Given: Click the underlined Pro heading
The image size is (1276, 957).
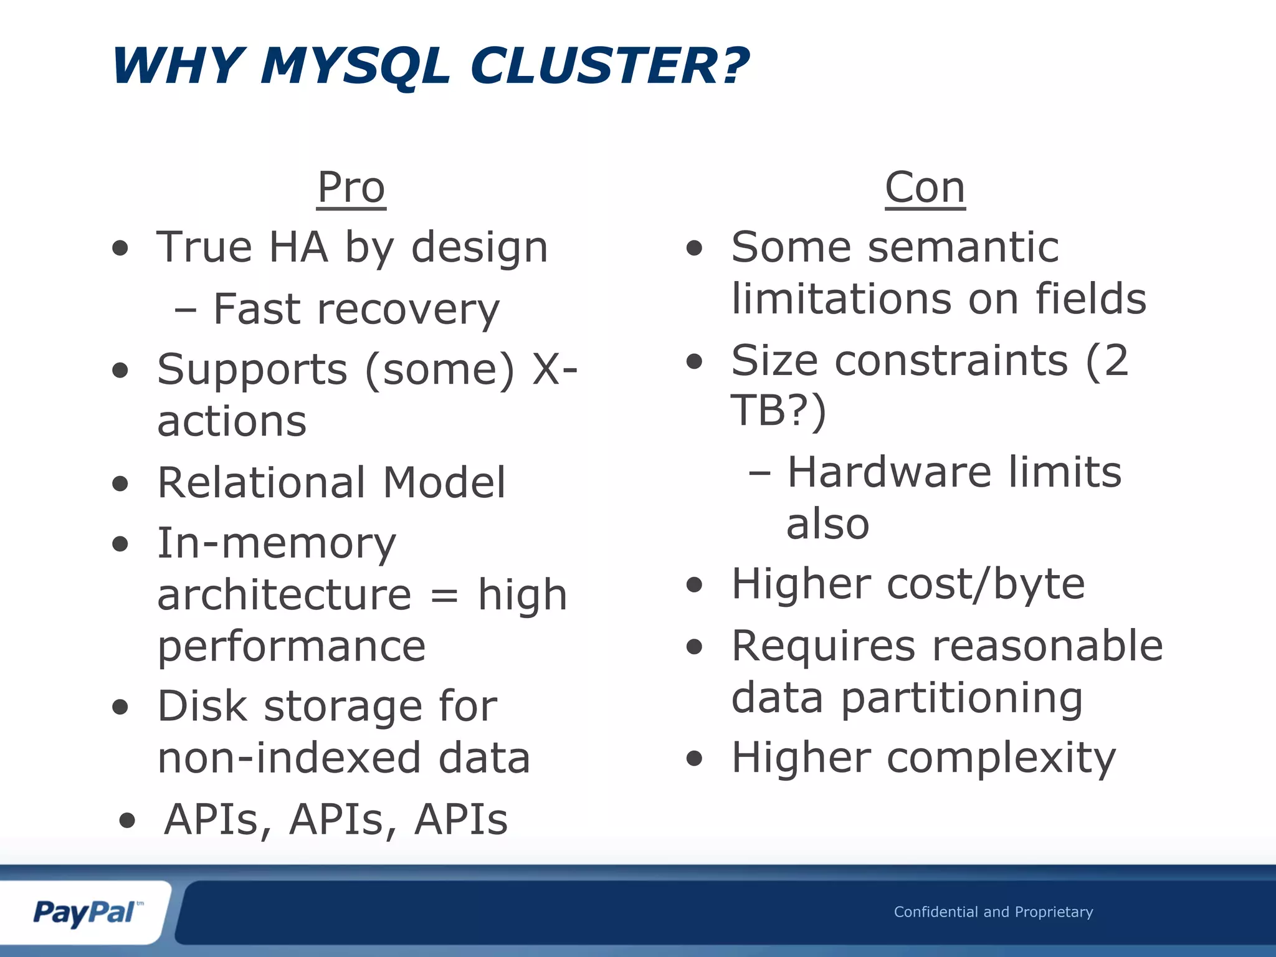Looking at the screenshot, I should (351, 188).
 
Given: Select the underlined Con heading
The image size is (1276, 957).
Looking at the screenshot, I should (925, 188).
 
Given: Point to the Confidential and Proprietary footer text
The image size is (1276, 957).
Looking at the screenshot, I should (993, 912).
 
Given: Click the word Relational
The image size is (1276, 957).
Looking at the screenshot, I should (261, 483).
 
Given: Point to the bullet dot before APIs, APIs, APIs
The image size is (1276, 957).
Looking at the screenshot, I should (127, 821).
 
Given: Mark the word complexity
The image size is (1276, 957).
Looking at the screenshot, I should (1001, 758).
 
